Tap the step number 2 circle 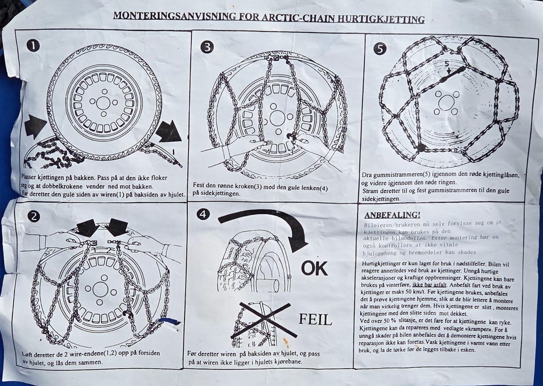click(33, 216)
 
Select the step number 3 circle click(207, 47)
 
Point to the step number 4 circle click(203, 214)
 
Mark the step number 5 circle click(380, 49)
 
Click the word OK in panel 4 click(314, 268)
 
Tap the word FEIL click(315, 320)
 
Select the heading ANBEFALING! click(392, 215)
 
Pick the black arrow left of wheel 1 click(35, 127)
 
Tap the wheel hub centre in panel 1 click(103, 102)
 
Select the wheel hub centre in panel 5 click(446, 103)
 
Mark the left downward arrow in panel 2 click(87, 228)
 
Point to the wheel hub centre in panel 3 click(277, 118)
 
